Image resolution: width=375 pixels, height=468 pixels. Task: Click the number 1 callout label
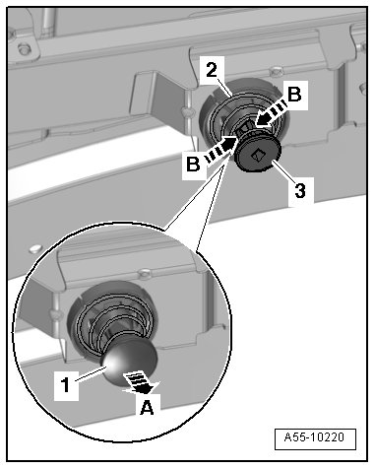click(66, 385)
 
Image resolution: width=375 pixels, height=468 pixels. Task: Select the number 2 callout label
click(212, 70)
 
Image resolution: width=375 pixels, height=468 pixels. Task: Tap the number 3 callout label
click(300, 191)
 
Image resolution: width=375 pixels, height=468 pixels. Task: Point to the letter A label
click(147, 408)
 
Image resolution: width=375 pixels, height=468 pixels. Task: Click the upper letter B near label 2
click(294, 95)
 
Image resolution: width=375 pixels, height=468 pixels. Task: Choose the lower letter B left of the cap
click(193, 164)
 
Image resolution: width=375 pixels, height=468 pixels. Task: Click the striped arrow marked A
click(140, 381)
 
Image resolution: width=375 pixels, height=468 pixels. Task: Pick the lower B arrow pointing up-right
click(220, 150)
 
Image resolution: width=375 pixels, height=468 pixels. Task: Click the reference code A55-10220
click(315, 437)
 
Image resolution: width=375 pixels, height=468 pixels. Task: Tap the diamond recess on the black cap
click(259, 156)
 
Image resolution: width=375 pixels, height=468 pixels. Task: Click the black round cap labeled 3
click(259, 156)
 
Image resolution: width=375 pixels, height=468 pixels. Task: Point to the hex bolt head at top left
click(24, 48)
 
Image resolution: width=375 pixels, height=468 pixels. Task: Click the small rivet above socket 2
click(276, 70)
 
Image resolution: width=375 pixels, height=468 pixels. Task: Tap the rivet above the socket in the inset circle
click(145, 272)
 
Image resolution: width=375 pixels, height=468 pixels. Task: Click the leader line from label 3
click(282, 169)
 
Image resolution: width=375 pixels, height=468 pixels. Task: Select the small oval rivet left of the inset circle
click(34, 248)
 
